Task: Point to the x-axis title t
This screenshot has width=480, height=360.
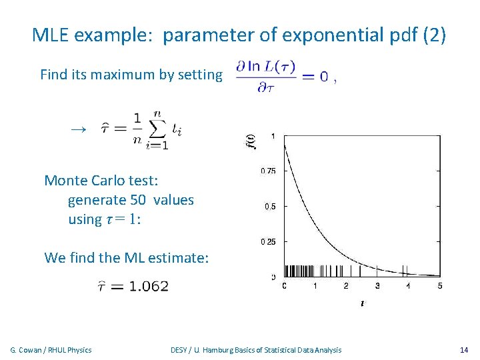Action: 362,303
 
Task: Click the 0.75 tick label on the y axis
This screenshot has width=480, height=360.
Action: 268,171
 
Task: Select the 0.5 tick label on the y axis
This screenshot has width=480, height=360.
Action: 270,207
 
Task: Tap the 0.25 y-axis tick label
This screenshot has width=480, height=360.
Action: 268,241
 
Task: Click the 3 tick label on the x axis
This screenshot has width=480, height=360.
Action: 377,286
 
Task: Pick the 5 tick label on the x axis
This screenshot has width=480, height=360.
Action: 439,286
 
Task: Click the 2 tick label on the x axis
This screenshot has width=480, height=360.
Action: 346,286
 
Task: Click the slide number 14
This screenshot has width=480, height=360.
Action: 465,350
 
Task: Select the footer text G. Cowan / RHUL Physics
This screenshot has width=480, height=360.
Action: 51,350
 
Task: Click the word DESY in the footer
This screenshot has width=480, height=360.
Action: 179,350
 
